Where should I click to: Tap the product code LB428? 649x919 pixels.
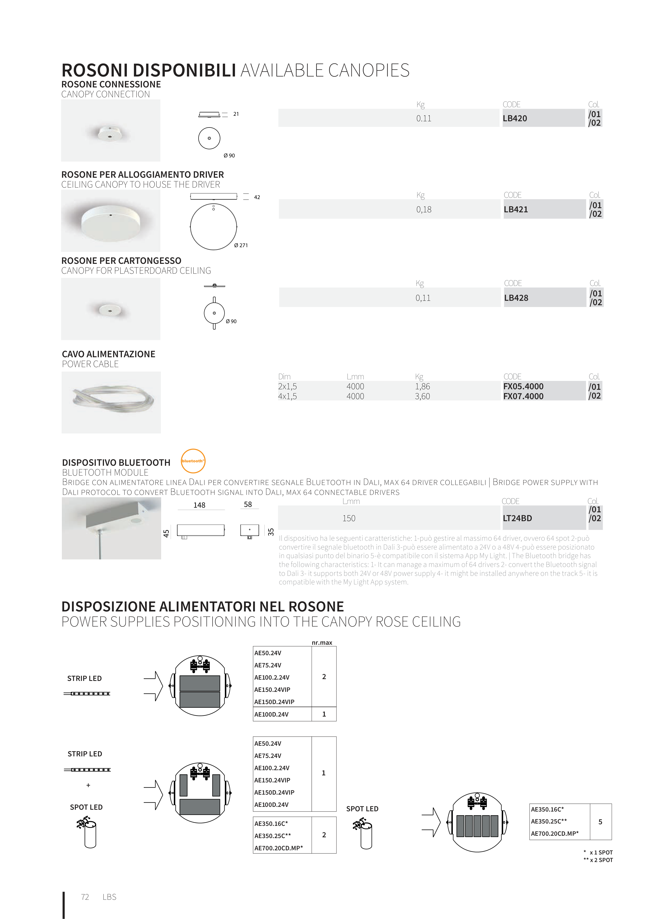[516, 298]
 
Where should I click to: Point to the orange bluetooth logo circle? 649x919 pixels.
[193, 461]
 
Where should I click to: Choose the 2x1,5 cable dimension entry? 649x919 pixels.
[287, 386]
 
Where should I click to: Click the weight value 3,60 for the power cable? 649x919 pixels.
[422, 396]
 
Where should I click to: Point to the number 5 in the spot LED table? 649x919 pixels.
[600, 822]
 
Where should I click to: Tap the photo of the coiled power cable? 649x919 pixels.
[111, 402]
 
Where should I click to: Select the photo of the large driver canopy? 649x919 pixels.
[111, 221]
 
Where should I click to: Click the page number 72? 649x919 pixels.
[85, 897]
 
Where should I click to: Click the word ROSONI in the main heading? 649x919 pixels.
[94, 71]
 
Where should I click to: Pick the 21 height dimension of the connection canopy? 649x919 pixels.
[236, 114]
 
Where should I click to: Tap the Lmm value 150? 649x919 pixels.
[349, 518]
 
